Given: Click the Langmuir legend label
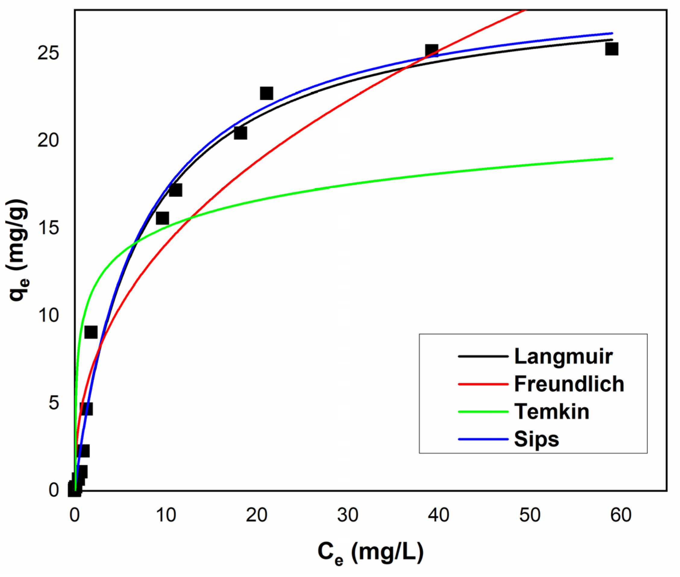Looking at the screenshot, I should tap(563, 356).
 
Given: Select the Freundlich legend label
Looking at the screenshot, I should tap(569, 384).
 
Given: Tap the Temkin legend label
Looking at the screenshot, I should tap(552, 411).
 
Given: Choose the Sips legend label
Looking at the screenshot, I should tap(537, 439).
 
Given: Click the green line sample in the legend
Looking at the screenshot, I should tap(483, 411).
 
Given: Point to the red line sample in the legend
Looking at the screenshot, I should tap(483, 384).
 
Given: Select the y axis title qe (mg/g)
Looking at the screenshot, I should tap(18, 250).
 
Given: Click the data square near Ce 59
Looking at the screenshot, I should tap(611, 49).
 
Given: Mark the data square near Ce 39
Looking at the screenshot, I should tap(432, 51).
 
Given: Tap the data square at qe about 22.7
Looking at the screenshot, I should tap(266, 93).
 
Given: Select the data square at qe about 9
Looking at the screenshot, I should tap(91, 332).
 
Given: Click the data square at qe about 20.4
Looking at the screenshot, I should tap(241, 133).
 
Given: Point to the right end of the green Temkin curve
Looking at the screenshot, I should tap(612, 158).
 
